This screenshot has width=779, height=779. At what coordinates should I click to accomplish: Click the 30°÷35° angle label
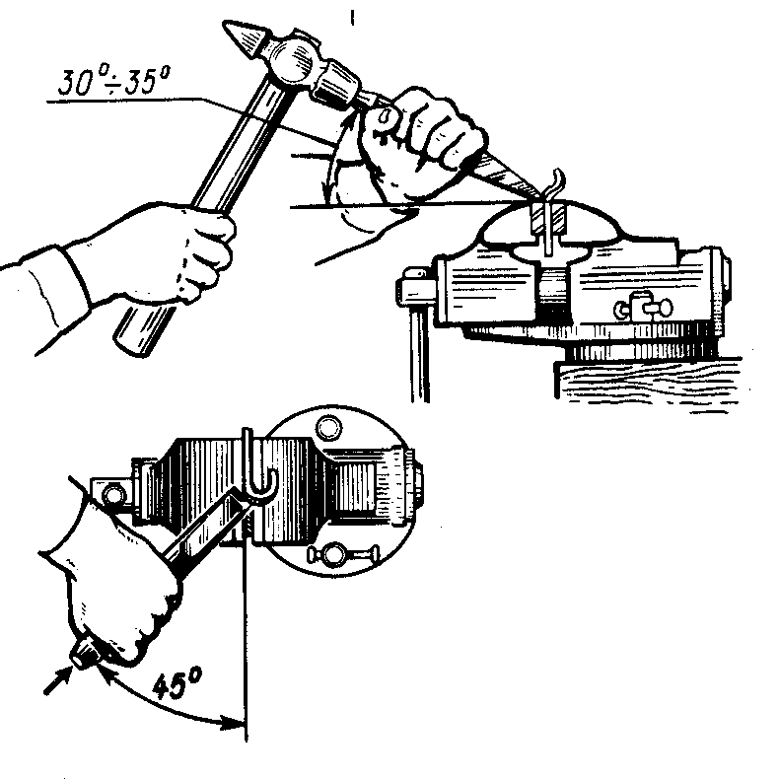(114, 81)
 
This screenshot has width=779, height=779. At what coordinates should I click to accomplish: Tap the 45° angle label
(177, 684)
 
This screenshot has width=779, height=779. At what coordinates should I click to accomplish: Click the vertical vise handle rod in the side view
(420, 353)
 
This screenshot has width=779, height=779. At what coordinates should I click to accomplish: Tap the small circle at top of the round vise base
(329, 428)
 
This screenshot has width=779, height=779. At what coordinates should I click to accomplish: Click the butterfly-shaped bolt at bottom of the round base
(343, 554)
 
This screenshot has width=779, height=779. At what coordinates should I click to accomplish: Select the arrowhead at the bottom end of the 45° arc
(234, 723)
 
